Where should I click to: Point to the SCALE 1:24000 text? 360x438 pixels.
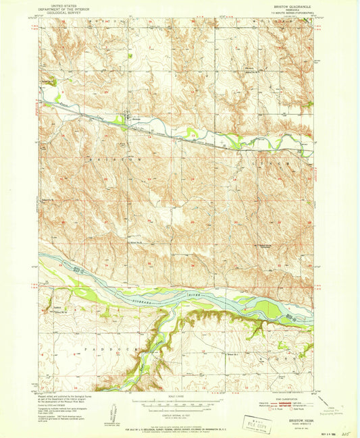tap(179, 394)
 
